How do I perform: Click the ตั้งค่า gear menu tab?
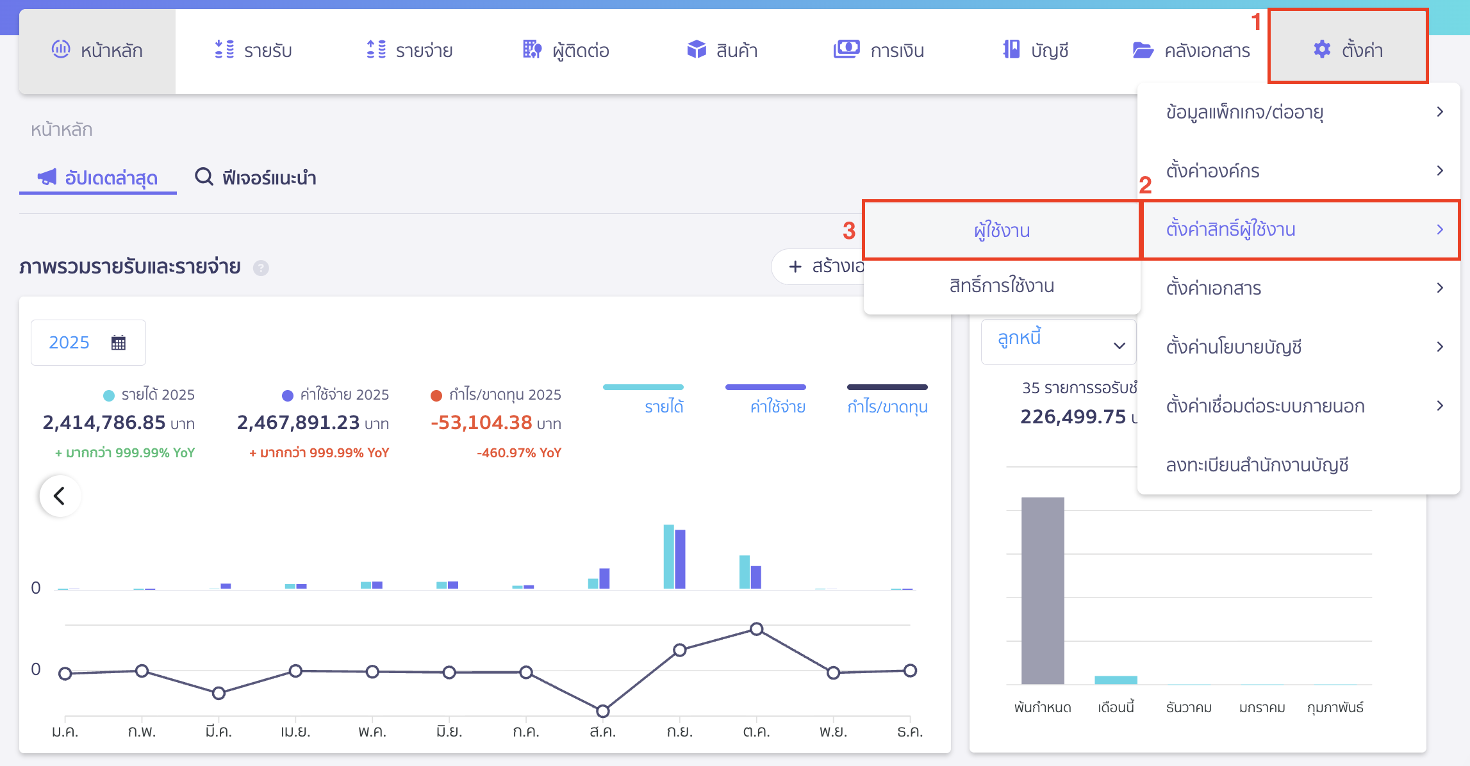pyautogui.click(x=1348, y=49)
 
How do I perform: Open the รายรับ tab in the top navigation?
pyautogui.click(x=254, y=50)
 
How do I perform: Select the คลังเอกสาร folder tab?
pyautogui.click(x=1191, y=50)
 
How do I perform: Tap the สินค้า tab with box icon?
pyautogui.click(x=722, y=50)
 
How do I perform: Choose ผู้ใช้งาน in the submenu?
pyautogui.click(x=1002, y=231)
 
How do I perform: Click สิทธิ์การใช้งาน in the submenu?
pyautogui.click(x=1002, y=286)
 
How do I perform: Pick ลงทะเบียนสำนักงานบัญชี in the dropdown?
pyautogui.click(x=1257, y=464)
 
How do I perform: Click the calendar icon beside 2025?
pyautogui.click(x=119, y=343)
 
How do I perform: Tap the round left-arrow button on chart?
pyautogui.click(x=60, y=496)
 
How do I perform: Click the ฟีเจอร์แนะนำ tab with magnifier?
pyautogui.click(x=256, y=177)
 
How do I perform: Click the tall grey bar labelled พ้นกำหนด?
pyautogui.click(x=1043, y=590)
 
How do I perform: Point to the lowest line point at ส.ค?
pyautogui.click(x=602, y=711)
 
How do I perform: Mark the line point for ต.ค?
pyautogui.click(x=757, y=629)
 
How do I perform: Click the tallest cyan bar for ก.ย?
pyautogui.click(x=668, y=556)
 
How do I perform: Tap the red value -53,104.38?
pyautogui.click(x=481, y=423)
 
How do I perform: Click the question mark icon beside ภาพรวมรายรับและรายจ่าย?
pyautogui.click(x=261, y=268)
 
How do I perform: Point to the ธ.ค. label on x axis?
pyautogui.click(x=910, y=731)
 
